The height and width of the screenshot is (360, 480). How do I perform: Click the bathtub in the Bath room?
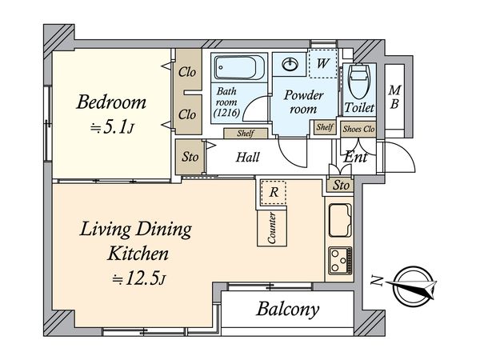pyautogui.click(x=239, y=67)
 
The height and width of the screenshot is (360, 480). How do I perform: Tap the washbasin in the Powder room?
pyautogui.click(x=290, y=65)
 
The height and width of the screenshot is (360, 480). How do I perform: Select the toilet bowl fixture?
pyautogui.click(x=359, y=81)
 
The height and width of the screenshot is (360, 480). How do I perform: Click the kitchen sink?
pyautogui.click(x=340, y=221)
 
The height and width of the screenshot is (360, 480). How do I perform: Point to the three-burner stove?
pyautogui.click(x=340, y=261)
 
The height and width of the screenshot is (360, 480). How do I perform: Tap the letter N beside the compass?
pyautogui.click(x=377, y=281)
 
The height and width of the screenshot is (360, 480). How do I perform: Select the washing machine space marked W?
pyautogui.click(x=322, y=64)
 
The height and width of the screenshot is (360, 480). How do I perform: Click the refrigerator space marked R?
pyautogui.click(x=273, y=193)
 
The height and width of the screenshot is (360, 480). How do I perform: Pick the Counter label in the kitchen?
pyautogui.click(x=272, y=227)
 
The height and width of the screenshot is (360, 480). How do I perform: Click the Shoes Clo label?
pyautogui.click(x=358, y=129)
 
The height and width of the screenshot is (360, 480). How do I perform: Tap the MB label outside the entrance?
pyautogui.click(x=394, y=98)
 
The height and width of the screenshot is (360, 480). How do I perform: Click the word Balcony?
pyautogui.click(x=288, y=310)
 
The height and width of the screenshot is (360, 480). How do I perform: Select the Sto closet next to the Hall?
pyautogui.click(x=190, y=157)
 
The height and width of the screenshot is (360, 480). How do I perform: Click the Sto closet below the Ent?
pyautogui.click(x=341, y=186)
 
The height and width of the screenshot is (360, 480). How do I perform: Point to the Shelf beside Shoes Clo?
pyautogui.click(x=325, y=127)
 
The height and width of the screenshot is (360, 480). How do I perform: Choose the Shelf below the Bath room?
pyautogui.click(x=246, y=133)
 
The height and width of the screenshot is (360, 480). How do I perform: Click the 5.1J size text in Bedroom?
pyautogui.click(x=112, y=127)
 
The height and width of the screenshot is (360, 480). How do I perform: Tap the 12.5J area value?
pyautogui.click(x=139, y=279)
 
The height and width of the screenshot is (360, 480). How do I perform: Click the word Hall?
pyautogui.click(x=248, y=157)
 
